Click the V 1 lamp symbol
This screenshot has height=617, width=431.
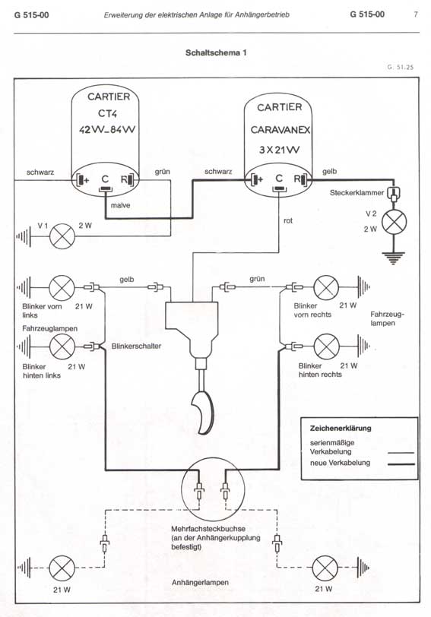[x=62, y=236]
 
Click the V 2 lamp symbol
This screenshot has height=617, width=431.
[x=394, y=222]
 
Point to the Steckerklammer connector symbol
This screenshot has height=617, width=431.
[x=393, y=193]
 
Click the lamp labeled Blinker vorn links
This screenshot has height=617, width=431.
[x=62, y=288]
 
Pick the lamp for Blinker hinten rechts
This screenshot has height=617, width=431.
[x=326, y=346]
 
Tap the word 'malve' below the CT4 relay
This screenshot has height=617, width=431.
[x=120, y=205]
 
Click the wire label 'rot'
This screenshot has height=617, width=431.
[x=288, y=221]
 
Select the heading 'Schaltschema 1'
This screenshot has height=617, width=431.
[x=216, y=52]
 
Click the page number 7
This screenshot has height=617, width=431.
[x=416, y=14]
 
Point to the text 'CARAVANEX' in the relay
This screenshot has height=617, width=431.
[x=280, y=129]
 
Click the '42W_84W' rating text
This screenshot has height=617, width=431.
[x=107, y=129]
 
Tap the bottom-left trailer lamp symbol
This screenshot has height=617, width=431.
[x=62, y=568]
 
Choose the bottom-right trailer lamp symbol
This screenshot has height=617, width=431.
[x=325, y=568]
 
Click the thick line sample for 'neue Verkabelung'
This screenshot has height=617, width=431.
[x=401, y=464]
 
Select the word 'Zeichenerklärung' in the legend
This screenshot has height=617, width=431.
[x=341, y=428]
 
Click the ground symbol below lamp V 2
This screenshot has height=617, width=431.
[x=394, y=258]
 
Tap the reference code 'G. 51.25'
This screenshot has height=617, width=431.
[x=401, y=67]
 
